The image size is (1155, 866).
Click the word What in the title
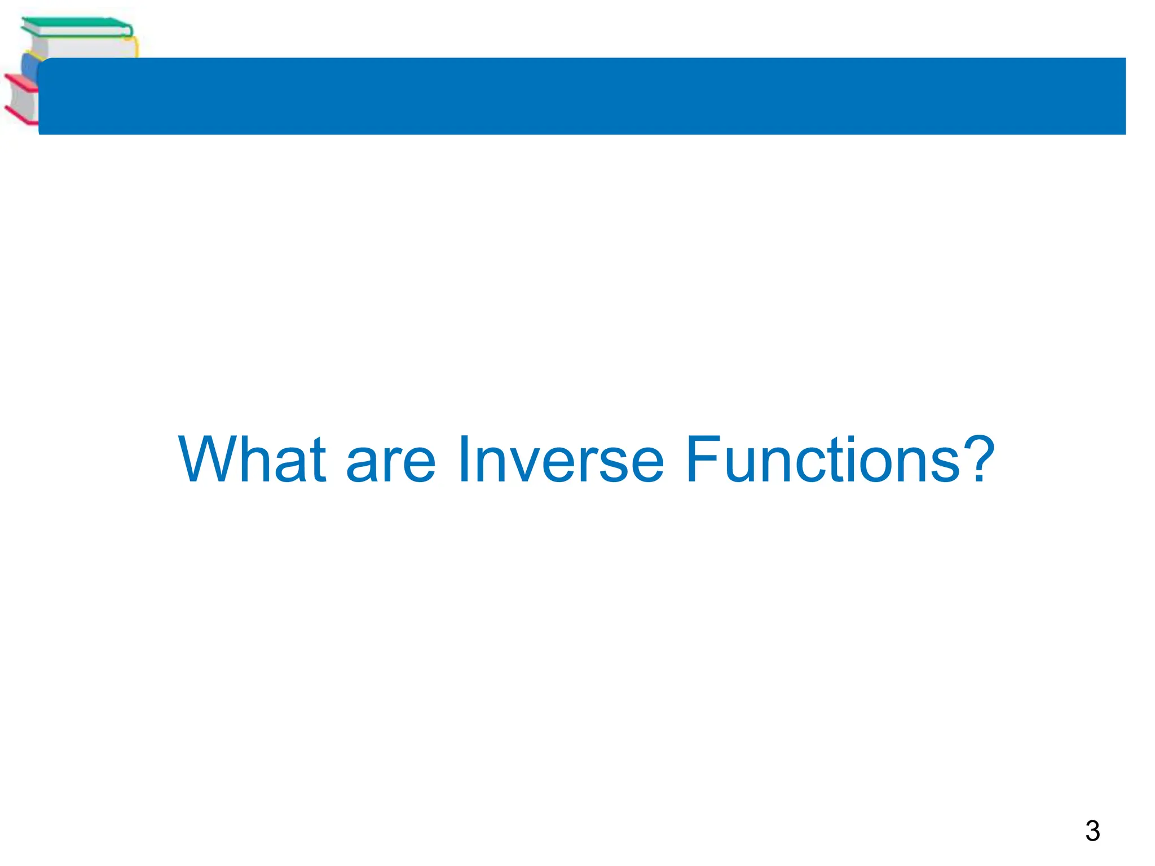coord(252,459)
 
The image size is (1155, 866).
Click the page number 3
coord(1092,831)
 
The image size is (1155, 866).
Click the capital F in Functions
coord(703,459)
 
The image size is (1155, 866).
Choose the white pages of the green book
coord(79,47)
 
